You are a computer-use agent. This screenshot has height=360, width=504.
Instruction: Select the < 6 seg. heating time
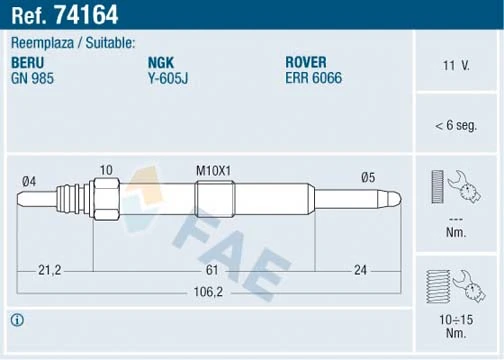[x=457, y=126]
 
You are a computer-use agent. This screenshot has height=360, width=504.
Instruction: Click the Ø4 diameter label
[x=30, y=180]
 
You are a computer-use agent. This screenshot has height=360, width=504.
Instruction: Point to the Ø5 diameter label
[x=369, y=177]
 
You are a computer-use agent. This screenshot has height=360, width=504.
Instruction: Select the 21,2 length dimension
[x=50, y=269]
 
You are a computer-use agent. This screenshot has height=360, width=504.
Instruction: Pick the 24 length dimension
[x=360, y=269]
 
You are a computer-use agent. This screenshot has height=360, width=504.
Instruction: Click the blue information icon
[x=17, y=320]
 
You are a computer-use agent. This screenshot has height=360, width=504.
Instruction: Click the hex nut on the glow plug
[x=107, y=197]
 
